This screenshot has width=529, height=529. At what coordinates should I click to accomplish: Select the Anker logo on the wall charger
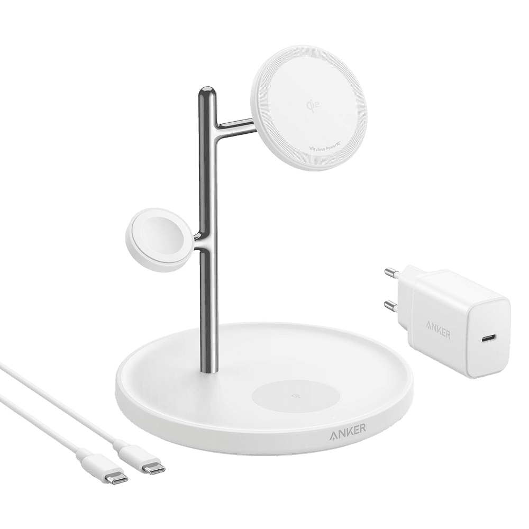[x=436, y=333]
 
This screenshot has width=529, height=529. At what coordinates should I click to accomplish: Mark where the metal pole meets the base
[x=208, y=370]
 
